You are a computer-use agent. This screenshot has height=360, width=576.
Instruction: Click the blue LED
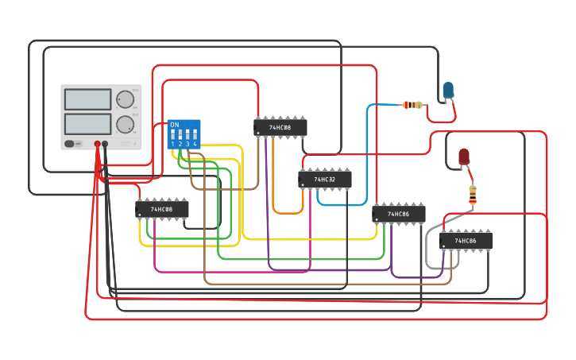point(448,90)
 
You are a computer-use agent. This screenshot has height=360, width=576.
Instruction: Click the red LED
point(464,156)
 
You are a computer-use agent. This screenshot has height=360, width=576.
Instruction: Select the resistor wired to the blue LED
point(412,104)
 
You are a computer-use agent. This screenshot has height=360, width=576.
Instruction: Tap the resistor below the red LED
point(473,194)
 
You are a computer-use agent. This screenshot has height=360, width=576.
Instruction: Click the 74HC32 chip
point(324,180)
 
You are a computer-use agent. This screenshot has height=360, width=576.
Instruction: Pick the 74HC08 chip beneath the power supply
point(161,209)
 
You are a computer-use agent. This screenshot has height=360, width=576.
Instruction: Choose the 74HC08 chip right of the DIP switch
point(280,127)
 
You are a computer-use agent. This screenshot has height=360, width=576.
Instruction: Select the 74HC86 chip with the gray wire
point(466,241)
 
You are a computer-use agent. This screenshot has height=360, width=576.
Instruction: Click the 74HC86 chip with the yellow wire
point(398,214)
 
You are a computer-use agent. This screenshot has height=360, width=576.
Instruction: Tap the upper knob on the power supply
point(125,99)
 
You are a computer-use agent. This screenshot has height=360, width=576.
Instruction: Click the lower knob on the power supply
point(125,124)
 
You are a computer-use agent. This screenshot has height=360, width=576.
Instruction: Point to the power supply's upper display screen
point(87,99)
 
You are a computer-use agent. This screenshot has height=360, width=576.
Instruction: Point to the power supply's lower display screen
point(87,124)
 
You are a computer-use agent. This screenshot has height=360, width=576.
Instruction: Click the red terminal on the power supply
point(98,144)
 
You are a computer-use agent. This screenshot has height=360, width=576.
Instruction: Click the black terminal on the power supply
point(105,144)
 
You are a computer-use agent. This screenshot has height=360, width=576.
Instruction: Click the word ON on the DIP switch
point(174,125)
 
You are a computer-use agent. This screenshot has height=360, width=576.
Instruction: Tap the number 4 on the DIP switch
point(195,144)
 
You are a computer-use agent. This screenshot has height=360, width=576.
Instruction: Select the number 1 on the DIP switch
point(172,144)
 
